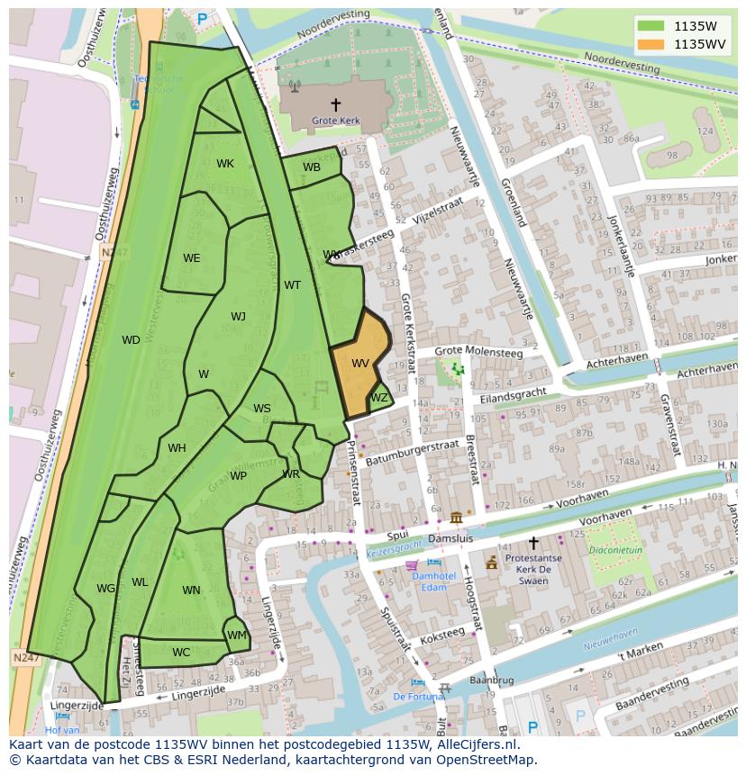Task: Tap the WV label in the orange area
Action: [360, 364]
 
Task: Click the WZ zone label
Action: [379, 398]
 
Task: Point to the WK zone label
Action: [225, 164]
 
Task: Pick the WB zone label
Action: [312, 167]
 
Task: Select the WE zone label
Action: [192, 258]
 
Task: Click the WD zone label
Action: [131, 340]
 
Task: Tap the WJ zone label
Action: [238, 317]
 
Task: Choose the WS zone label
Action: [262, 409]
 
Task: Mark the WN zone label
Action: [191, 590]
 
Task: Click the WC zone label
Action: [181, 653]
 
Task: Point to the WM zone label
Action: [237, 635]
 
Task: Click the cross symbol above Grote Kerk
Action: [336, 104]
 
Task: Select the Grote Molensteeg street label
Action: [478, 353]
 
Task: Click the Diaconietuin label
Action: [616, 551]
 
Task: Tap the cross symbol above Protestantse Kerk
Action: [533, 543]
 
